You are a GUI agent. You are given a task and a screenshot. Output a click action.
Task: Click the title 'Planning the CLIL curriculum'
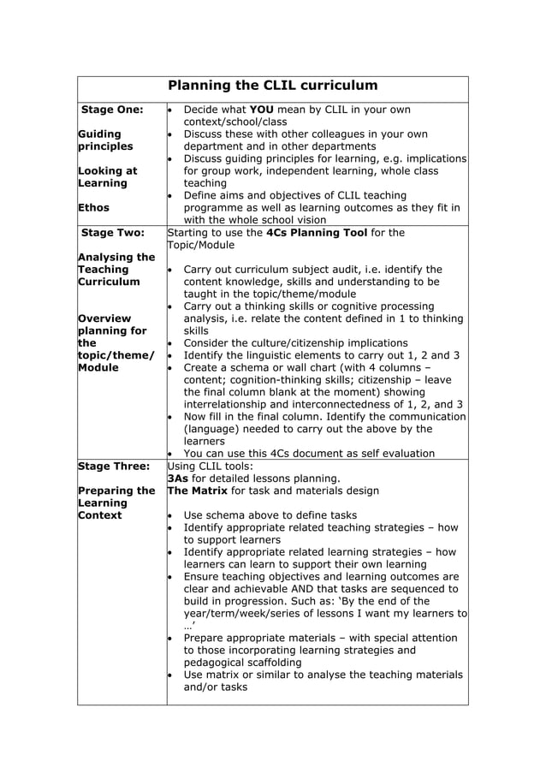coord(272,86)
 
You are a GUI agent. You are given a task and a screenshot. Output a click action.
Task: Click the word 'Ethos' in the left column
coord(95,207)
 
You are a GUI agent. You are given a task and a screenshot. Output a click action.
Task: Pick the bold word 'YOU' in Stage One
coord(262,110)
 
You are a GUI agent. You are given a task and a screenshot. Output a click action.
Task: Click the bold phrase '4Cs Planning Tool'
coord(318,232)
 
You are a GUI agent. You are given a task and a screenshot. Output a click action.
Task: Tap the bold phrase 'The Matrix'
coord(198,491)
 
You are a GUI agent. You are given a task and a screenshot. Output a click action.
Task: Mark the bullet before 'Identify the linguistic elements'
coord(170,355)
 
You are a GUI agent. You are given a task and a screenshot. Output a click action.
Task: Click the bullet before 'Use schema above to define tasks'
coord(170,515)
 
